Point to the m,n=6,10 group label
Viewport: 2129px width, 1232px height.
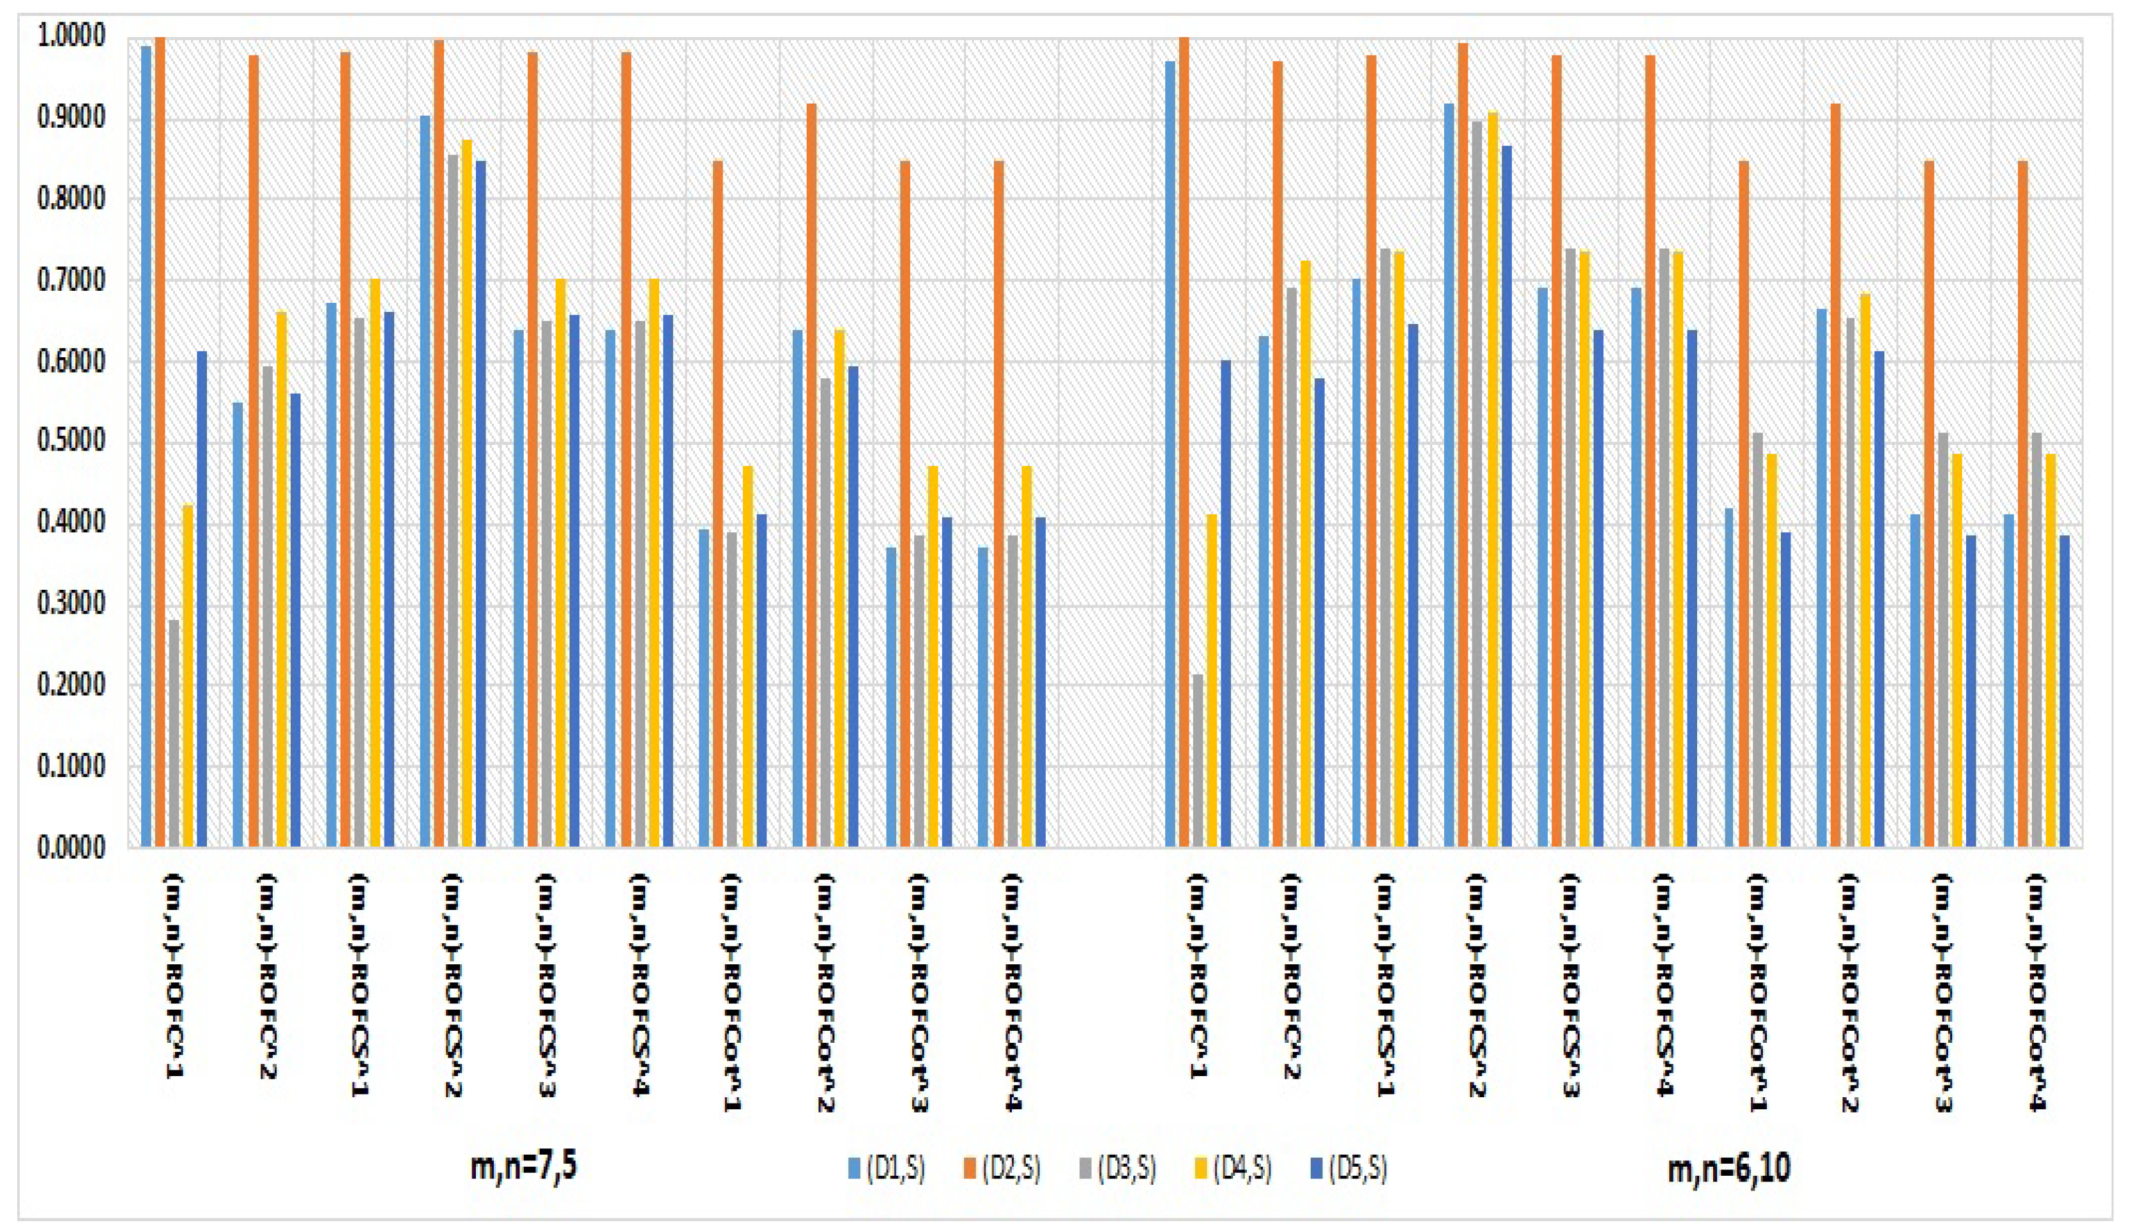click(1728, 1169)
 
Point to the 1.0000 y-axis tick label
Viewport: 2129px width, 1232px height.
click(71, 36)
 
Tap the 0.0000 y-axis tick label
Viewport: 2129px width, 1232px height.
click(71, 847)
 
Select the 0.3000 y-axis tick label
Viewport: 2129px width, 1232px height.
click(71, 604)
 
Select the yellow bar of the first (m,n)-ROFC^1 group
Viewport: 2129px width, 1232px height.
click(188, 676)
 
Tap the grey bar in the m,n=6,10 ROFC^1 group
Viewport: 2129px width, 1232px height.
click(1198, 760)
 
